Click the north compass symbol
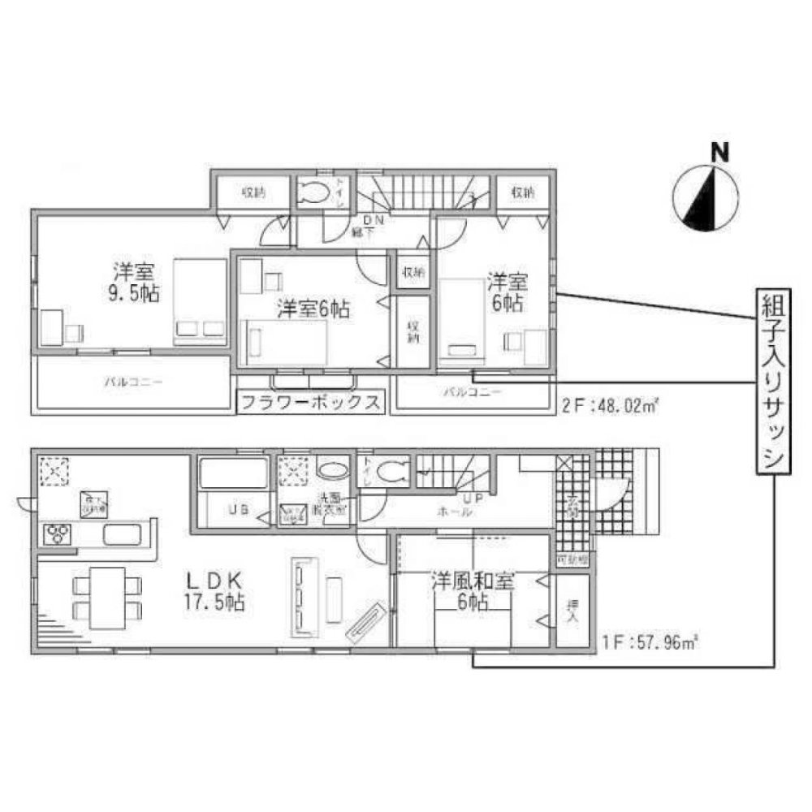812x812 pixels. point(706,197)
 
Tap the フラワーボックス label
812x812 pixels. point(309,402)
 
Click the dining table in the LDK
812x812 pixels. point(107,598)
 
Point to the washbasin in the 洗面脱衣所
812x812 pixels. point(331,471)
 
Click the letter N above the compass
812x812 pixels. point(718,151)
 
